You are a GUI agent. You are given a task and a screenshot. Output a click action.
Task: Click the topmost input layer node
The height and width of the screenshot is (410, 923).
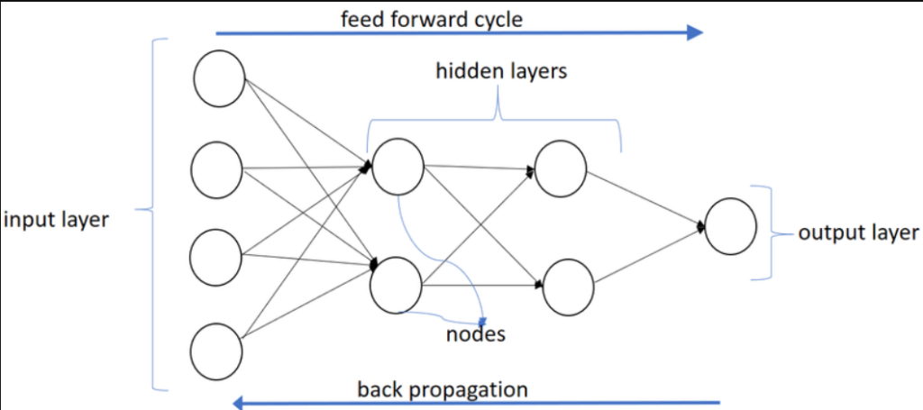219,78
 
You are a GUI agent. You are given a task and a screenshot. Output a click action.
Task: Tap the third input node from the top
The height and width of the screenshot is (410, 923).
216,258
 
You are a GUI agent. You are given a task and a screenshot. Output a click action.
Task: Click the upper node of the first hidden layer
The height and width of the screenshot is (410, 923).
398,166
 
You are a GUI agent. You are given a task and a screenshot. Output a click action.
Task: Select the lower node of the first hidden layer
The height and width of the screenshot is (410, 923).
397,285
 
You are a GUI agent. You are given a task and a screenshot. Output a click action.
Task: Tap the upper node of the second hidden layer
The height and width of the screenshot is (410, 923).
561,168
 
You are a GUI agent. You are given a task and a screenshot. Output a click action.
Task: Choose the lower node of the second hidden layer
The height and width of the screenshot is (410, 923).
568,286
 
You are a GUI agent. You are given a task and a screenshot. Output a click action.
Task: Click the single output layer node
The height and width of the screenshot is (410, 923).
730,225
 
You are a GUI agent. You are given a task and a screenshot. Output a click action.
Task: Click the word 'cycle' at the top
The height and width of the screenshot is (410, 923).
494,19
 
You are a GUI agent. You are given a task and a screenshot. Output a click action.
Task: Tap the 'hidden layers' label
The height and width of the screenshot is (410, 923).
501,70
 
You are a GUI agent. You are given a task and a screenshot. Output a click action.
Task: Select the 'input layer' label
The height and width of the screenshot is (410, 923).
56,220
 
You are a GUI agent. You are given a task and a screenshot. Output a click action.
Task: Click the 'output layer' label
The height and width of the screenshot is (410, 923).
858,232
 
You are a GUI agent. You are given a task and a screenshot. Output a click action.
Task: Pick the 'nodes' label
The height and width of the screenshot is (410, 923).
476,335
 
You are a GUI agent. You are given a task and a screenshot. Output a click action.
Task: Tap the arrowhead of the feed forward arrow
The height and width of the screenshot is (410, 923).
695,33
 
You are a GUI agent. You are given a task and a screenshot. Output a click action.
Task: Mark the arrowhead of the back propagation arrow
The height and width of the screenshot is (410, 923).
239,402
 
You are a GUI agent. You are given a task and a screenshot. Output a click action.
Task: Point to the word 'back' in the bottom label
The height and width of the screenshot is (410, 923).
378,389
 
